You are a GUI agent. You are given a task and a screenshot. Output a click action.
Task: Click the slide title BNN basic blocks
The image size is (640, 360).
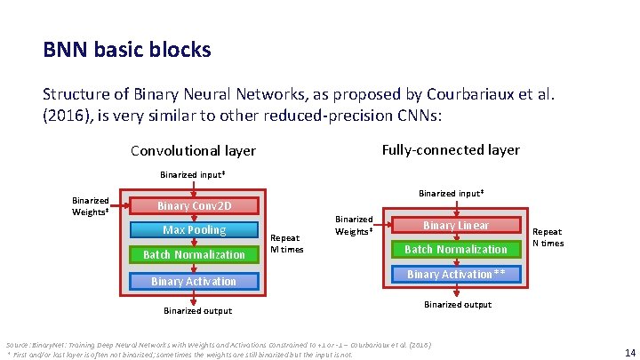pyautogui.click(x=126, y=50)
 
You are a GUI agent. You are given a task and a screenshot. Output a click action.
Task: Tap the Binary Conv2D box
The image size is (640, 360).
pyautogui.click(x=194, y=206)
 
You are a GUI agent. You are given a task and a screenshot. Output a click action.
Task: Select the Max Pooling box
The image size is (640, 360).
pyautogui.click(x=194, y=230)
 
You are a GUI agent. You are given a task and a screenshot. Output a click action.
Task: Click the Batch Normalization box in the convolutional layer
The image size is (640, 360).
pyautogui.click(x=194, y=255)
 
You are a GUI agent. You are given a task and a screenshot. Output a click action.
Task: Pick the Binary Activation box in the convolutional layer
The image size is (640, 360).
pyautogui.click(x=194, y=282)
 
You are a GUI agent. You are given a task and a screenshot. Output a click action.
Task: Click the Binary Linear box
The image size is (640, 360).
pyautogui.click(x=456, y=226)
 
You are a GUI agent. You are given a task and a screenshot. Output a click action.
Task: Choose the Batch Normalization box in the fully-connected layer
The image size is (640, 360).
pyautogui.click(x=456, y=250)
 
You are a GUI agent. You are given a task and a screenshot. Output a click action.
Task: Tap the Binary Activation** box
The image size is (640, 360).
pyautogui.click(x=456, y=275)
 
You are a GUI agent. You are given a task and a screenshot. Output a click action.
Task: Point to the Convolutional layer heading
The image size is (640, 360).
pyautogui.click(x=193, y=151)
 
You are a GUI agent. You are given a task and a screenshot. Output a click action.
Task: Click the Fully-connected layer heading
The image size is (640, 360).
pyautogui.click(x=451, y=149)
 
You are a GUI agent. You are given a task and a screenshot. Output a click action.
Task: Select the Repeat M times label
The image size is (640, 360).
pyautogui.click(x=286, y=244)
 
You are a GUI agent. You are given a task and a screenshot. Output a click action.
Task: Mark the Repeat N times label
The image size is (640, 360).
pyautogui.click(x=547, y=237)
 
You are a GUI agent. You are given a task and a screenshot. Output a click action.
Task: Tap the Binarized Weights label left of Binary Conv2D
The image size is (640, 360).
pyautogui.click(x=91, y=206)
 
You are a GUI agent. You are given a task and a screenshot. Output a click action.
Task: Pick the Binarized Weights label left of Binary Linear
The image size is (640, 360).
pyautogui.click(x=353, y=226)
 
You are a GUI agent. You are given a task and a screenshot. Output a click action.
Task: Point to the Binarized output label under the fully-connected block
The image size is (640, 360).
pyautogui.click(x=457, y=305)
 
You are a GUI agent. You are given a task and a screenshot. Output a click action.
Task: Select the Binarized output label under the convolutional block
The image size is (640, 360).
pyautogui.click(x=197, y=311)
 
